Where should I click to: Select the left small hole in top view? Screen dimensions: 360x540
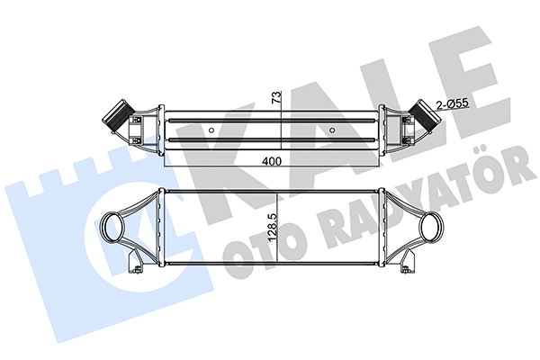click(x=212, y=131)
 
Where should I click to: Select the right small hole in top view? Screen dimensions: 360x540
click(x=332, y=131)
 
